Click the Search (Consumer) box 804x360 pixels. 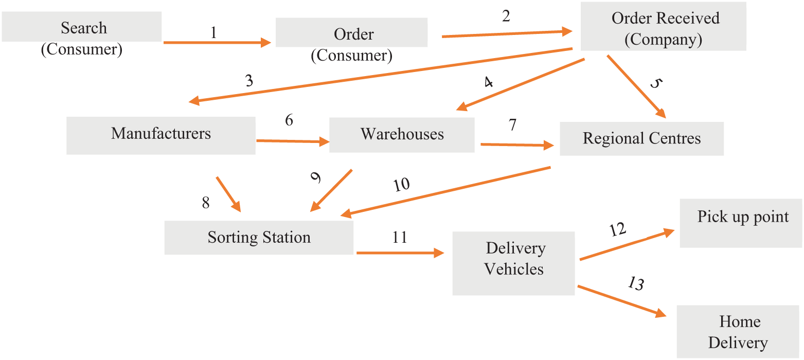(x=82, y=28)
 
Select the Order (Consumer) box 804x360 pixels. (x=352, y=33)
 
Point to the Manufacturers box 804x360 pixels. (x=160, y=135)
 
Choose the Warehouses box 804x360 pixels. (x=402, y=135)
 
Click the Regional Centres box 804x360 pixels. (x=641, y=139)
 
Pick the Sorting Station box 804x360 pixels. (x=259, y=238)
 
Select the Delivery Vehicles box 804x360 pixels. (x=513, y=263)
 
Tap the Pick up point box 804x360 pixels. (x=741, y=223)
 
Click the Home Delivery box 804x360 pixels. (x=739, y=331)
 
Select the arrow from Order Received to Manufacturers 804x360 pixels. (x=381, y=76)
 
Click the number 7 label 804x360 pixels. (x=512, y=125)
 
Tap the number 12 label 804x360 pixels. (x=617, y=229)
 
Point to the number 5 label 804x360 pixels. (x=654, y=83)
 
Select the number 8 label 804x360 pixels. (x=206, y=203)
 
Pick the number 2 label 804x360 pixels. (x=506, y=16)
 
